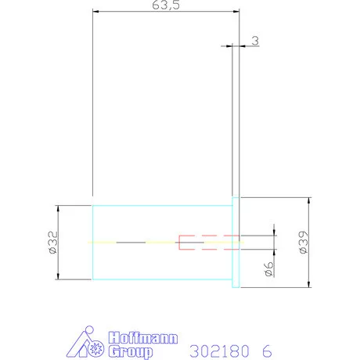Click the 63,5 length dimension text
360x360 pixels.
pyautogui.click(x=166, y=5)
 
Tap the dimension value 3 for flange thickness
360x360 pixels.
pyautogui.click(x=255, y=41)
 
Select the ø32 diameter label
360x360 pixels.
pyautogui.click(x=53, y=243)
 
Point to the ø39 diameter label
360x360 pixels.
pyautogui.click(x=304, y=242)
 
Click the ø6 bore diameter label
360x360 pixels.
pyautogui.click(x=268, y=269)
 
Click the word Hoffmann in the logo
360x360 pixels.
pyautogui.click(x=143, y=338)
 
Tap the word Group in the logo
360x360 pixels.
pyautogui.click(x=131, y=351)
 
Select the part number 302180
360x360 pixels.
pyautogui.click(x=219, y=351)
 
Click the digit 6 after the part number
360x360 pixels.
pyautogui.click(x=267, y=351)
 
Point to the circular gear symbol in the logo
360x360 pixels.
pyautogui.click(x=95, y=348)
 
